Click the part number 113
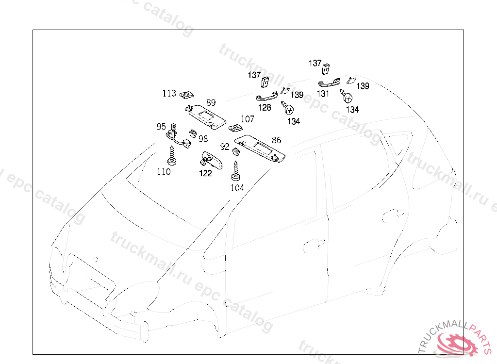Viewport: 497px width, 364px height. [x=169, y=93]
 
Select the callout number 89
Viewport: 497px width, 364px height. [x=211, y=102]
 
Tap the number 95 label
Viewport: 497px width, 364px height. [x=161, y=127]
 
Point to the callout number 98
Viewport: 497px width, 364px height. [x=203, y=139]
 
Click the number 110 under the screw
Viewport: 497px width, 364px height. [x=164, y=171]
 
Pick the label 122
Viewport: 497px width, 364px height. [x=206, y=173]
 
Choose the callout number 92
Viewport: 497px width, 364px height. [x=225, y=147]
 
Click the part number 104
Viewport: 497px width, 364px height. [x=237, y=188]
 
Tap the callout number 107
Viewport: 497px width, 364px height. [x=247, y=119]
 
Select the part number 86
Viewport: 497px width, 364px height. [x=277, y=140]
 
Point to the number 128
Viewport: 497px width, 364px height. [x=265, y=107]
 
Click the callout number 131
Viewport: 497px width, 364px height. [x=323, y=94]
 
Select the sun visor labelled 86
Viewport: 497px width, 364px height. [x=260, y=148]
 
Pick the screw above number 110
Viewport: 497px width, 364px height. [x=172, y=155]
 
